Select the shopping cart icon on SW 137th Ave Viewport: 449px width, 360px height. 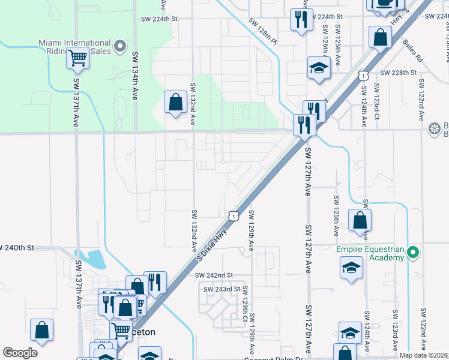pos(78,59)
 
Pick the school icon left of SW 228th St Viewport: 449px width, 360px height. pos(319,68)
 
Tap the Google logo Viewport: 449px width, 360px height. pos(20,353)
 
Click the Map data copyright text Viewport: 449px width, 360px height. pos(423,355)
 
